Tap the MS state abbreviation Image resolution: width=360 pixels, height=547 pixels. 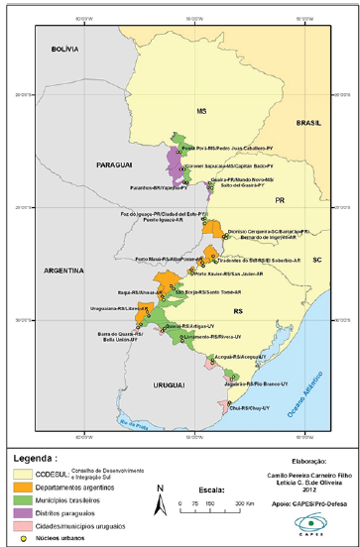click(200, 110)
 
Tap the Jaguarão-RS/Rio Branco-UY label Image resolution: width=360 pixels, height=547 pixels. click(261, 382)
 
